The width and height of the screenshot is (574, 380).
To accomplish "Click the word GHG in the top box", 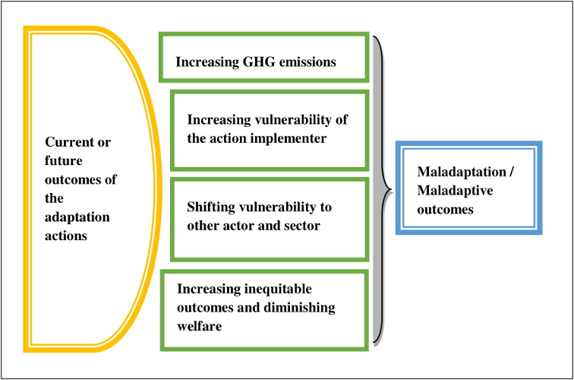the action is (259, 62).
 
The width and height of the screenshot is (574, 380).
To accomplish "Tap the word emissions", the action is (307, 62).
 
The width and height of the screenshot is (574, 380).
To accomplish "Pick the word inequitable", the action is (278, 289).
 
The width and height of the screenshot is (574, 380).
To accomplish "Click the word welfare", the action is (200, 326).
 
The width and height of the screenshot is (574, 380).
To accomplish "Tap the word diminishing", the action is (299, 308).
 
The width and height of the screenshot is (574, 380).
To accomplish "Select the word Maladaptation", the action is (462, 172).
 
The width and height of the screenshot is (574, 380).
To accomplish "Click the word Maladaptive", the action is (455, 191).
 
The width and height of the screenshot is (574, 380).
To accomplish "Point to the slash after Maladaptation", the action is (512, 172).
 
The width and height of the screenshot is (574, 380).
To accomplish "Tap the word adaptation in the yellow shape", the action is (77, 217).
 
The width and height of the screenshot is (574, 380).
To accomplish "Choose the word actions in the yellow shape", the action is (66, 236).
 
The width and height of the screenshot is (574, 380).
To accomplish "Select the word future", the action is (64, 160).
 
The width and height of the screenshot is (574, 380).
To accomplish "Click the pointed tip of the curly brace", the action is (392, 190).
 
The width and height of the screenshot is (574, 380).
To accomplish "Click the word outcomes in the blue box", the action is (445, 210).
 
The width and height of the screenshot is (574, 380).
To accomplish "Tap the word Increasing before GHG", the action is (207, 62).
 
